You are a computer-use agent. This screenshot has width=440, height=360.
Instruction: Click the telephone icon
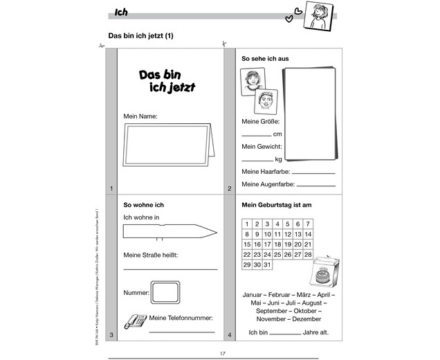click(x=134, y=321)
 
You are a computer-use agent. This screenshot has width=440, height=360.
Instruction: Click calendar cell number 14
click(x=309, y=234)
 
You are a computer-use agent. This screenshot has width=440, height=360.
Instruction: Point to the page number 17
click(x=223, y=353)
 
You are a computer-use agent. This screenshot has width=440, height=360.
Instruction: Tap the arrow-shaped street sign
click(x=170, y=232)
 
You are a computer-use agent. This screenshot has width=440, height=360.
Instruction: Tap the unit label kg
click(x=278, y=160)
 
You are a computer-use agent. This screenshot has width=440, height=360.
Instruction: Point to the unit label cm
click(x=277, y=134)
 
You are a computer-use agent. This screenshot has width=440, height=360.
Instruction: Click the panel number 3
click(x=111, y=335)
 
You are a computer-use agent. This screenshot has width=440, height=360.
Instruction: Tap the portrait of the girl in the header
click(x=322, y=16)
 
